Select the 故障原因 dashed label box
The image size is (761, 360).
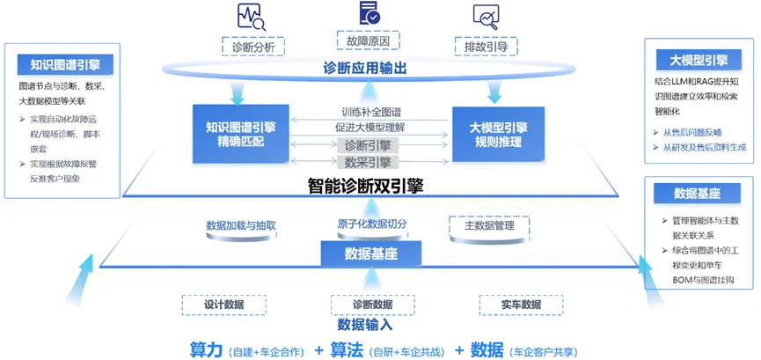[369, 40]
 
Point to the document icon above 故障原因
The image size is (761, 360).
[370, 12]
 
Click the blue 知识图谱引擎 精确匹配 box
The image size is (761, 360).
[239, 134]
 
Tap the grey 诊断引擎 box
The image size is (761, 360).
[368, 145]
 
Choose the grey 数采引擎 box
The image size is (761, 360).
[368, 162]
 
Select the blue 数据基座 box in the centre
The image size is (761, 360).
[370, 254]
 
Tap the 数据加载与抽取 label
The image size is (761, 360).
[241, 225]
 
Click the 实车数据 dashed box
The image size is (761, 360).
[521, 305]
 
